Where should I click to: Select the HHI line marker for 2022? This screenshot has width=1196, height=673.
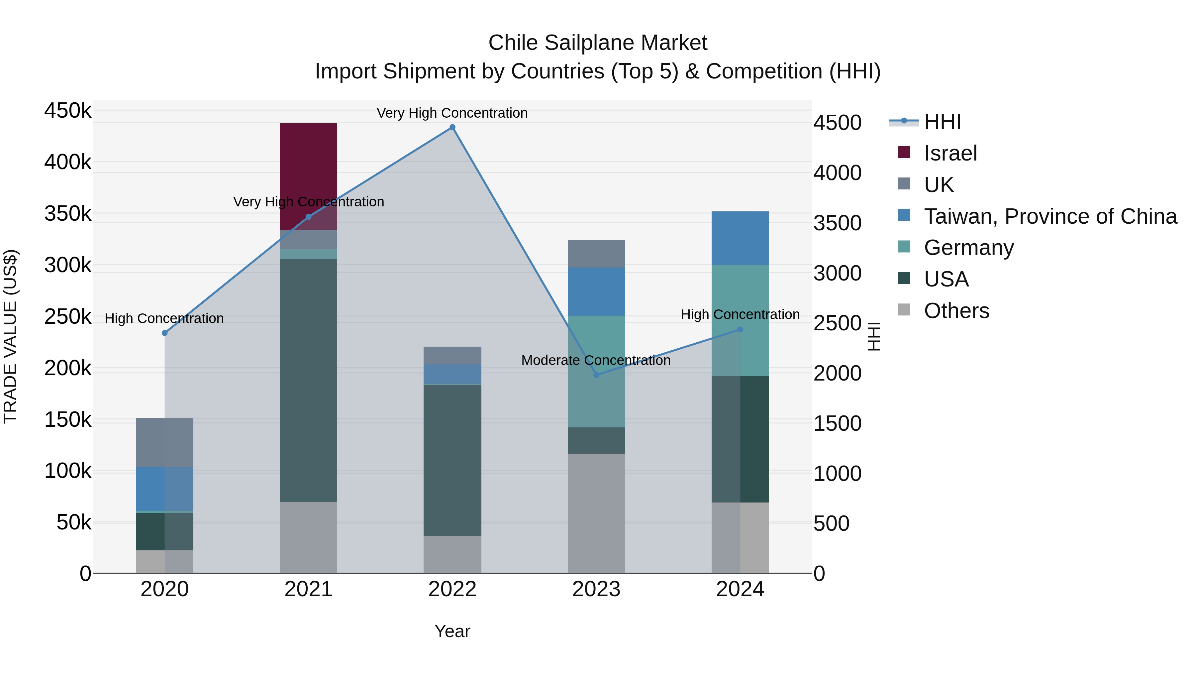click(452, 127)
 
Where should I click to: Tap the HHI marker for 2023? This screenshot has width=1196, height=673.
click(597, 375)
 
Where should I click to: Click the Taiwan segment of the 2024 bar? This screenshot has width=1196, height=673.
click(740, 238)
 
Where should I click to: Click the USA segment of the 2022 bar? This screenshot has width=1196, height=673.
click(452, 460)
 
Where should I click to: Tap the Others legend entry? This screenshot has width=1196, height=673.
click(956, 311)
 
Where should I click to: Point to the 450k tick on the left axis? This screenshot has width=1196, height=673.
click(68, 111)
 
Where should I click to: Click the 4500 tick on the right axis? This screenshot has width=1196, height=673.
click(837, 123)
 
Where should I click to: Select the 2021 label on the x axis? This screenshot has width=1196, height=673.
click(308, 589)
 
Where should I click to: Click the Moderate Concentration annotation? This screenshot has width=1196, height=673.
click(596, 360)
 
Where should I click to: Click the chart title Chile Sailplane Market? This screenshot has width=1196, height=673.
click(598, 43)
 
